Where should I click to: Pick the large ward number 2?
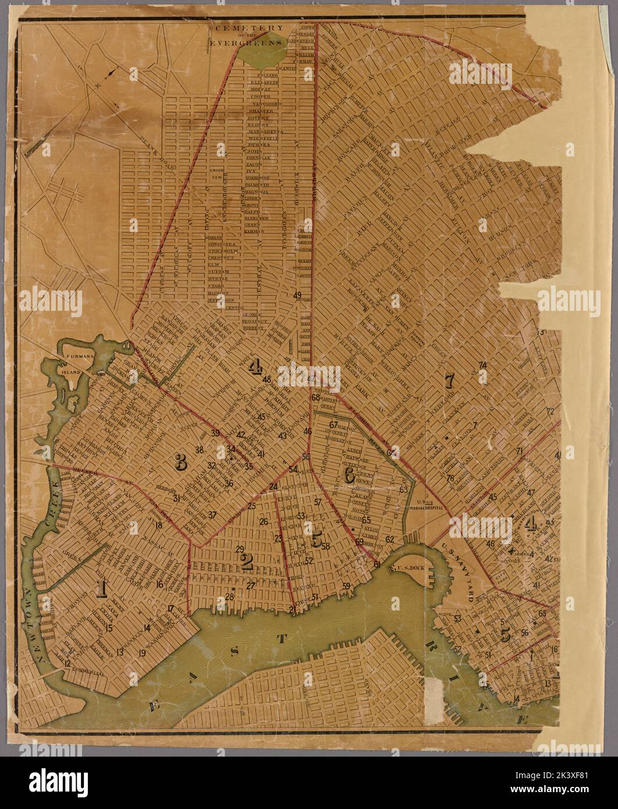pyautogui.click(x=246, y=561)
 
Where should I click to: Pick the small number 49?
pyautogui.click(x=297, y=296)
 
